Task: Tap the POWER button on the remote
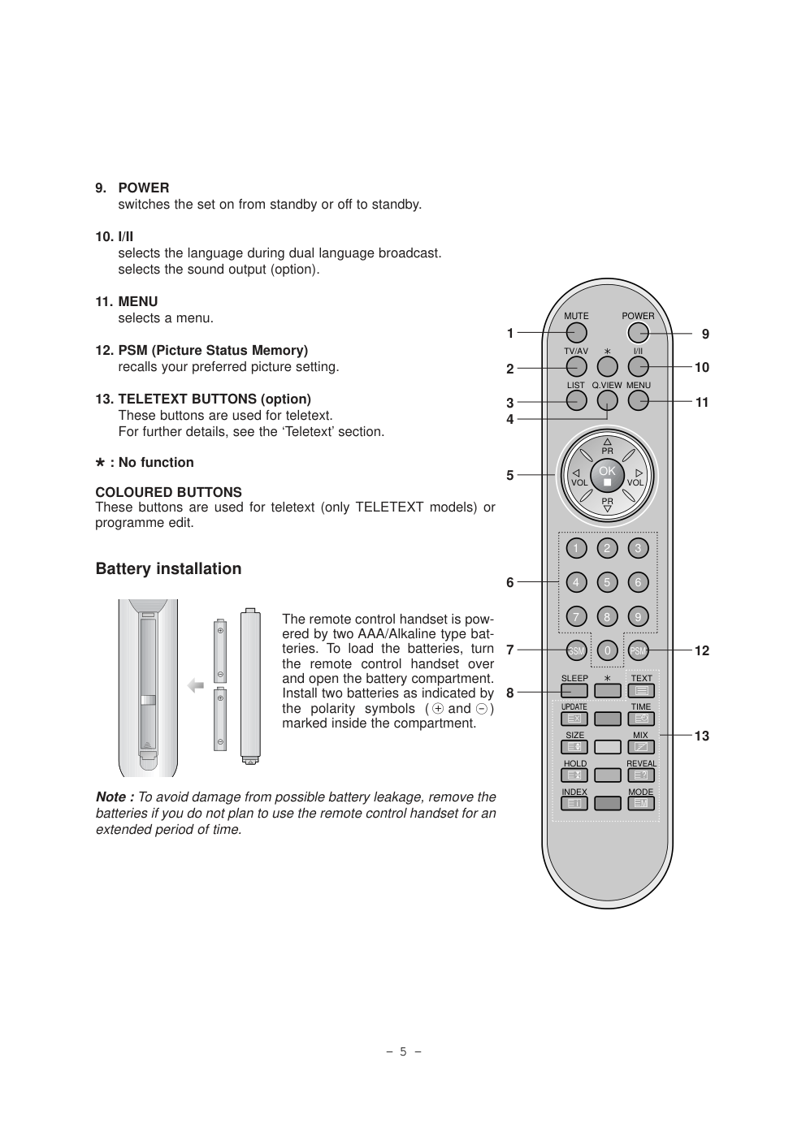click(x=639, y=332)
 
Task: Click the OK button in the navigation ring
click(x=607, y=475)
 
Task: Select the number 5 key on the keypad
click(x=607, y=582)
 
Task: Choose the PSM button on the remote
click(x=639, y=650)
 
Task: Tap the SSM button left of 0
click(x=576, y=650)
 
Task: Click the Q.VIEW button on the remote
click(x=607, y=400)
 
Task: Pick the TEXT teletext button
click(x=641, y=691)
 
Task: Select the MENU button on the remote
click(x=639, y=400)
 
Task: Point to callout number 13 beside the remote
click(x=702, y=736)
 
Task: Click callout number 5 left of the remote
click(x=510, y=476)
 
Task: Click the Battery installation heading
click(x=168, y=568)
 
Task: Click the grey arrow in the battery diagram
click(x=196, y=686)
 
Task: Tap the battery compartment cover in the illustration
click(x=250, y=687)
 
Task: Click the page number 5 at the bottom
click(x=403, y=1051)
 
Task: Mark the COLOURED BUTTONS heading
click(x=168, y=492)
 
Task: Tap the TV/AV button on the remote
click(x=576, y=366)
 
